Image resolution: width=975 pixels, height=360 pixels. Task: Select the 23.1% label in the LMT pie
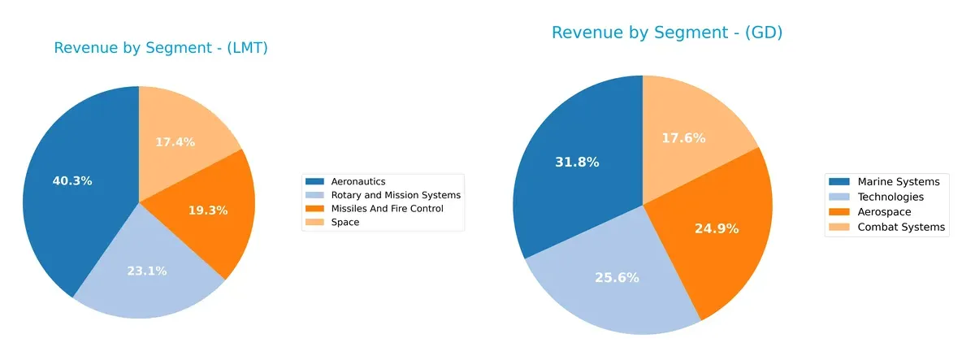coord(146,271)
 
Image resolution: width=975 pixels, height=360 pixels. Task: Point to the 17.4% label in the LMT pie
coord(175,142)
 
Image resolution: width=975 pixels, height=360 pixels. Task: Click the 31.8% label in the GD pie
coord(577,162)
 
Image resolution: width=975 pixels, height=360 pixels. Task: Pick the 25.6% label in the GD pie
coord(617,277)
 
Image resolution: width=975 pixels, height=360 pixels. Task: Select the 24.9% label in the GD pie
coord(716,228)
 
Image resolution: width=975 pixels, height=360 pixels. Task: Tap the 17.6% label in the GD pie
coord(682,138)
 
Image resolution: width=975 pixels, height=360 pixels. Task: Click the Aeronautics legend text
coord(358,181)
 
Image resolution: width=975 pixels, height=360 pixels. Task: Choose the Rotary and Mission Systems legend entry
coord(396,195)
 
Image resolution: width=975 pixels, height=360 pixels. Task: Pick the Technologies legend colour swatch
coord(838,197)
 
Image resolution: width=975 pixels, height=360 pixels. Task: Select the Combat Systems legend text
coord(901,227)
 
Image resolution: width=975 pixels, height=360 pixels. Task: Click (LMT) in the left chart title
coord(242,48)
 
